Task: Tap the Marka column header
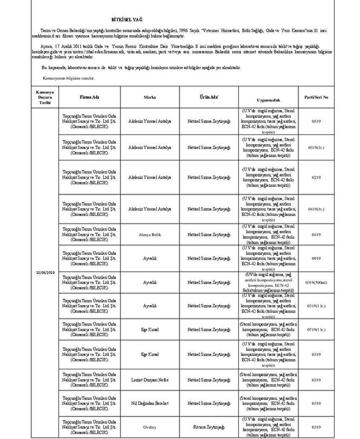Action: click(150, 99)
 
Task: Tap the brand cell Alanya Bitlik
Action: click(150, 234)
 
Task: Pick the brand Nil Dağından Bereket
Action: click(150, 403)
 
